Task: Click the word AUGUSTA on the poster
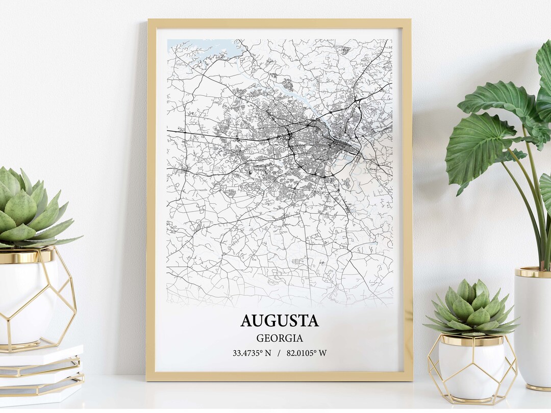(279, 321)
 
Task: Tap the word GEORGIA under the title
(280, 338)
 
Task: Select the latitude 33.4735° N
(252, 353)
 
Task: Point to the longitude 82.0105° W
(307, 353)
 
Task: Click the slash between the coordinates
(279, 353)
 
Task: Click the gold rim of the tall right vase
(533, 272)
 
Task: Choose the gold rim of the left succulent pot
(26, 256)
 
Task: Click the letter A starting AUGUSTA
(246, 321)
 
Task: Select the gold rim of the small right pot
(471, 340)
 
